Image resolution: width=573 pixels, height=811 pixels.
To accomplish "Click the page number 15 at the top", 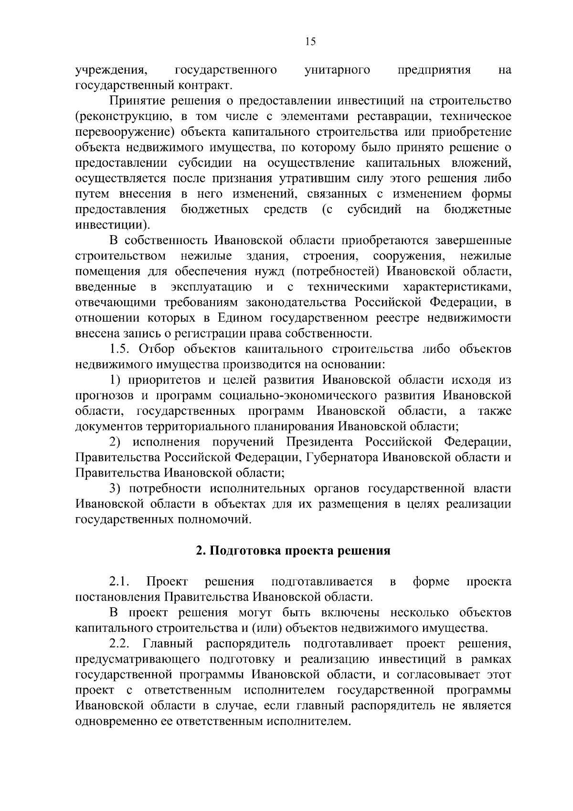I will point(310,42).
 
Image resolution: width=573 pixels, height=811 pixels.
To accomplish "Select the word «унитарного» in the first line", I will point(337,70).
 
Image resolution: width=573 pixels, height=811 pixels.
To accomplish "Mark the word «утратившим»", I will point(326,179).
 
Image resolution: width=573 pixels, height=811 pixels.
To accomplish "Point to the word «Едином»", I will point(240,318).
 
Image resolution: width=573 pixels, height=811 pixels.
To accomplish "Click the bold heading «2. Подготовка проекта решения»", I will point(294,551).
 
